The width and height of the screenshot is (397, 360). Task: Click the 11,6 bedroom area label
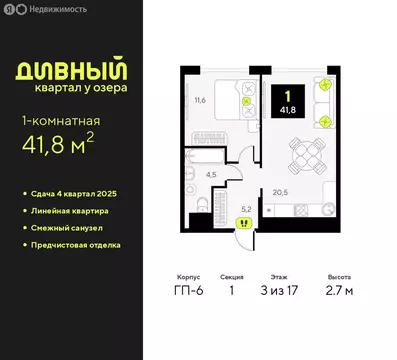point(200,100)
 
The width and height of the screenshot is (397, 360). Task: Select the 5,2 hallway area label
point(246,210)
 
